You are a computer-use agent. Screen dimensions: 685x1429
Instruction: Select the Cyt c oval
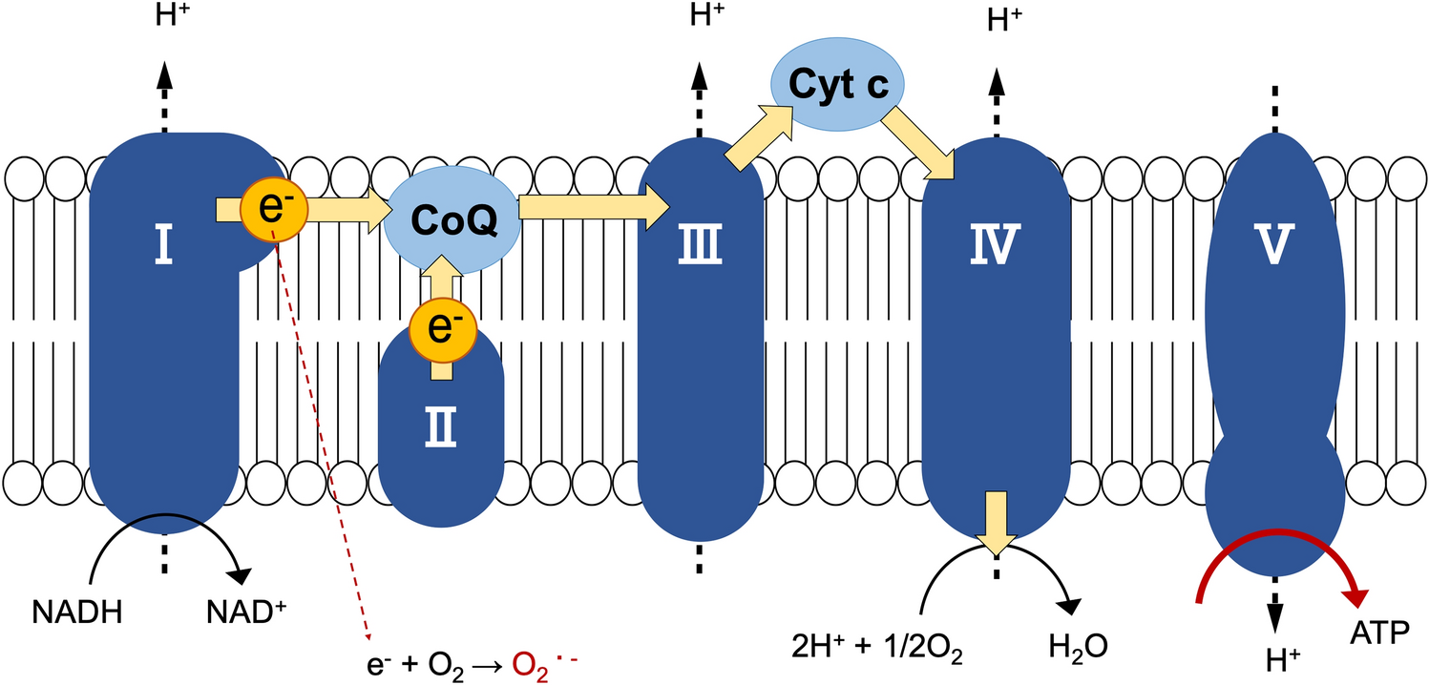(838, 86)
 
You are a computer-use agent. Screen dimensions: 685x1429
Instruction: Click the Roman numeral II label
(440, 432)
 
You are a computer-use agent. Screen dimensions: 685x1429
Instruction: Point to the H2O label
(1080, 646)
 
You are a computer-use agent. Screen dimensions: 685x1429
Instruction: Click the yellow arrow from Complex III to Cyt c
(759, 133)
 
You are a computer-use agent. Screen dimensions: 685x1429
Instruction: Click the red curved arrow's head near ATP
(1355, 597)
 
